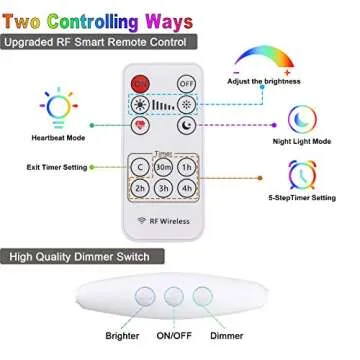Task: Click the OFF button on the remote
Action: click(186, 84)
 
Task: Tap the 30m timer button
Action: click(165, 167)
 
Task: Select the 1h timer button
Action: click(188, 167)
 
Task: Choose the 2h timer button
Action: click(141, 189)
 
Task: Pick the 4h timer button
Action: click(188, 189)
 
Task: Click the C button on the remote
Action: click(141, 167)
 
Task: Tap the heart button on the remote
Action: click(140, 126)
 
